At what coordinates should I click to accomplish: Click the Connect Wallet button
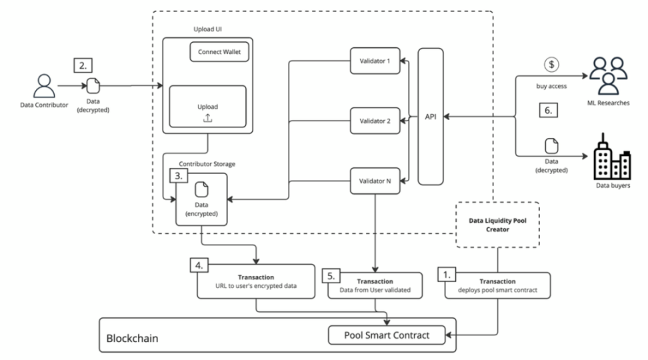point(219,51)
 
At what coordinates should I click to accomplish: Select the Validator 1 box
point(375,61)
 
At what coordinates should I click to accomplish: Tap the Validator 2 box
point(375,121)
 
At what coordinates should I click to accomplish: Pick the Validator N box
point(375,181)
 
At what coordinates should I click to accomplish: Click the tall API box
point(431,117)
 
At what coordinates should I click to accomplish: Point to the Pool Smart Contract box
point(387,335)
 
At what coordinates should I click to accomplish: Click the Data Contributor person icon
point(44,86)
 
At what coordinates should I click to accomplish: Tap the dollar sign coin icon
point(551,65)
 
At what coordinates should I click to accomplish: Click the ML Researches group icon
point(608,76)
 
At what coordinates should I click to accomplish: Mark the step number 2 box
point(83,65)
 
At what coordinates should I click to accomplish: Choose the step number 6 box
point(549,111)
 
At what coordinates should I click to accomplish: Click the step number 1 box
point(447,275)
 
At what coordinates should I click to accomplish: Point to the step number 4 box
point(199,265)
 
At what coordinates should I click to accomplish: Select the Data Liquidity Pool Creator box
point(497,225)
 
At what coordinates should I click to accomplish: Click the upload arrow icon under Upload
point(207,118)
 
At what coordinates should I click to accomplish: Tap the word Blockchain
point(132,338)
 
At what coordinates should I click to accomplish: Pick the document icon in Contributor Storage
point(201,190)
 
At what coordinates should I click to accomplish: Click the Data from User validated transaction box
point(375,285)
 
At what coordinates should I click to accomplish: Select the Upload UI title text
point(207,29)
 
